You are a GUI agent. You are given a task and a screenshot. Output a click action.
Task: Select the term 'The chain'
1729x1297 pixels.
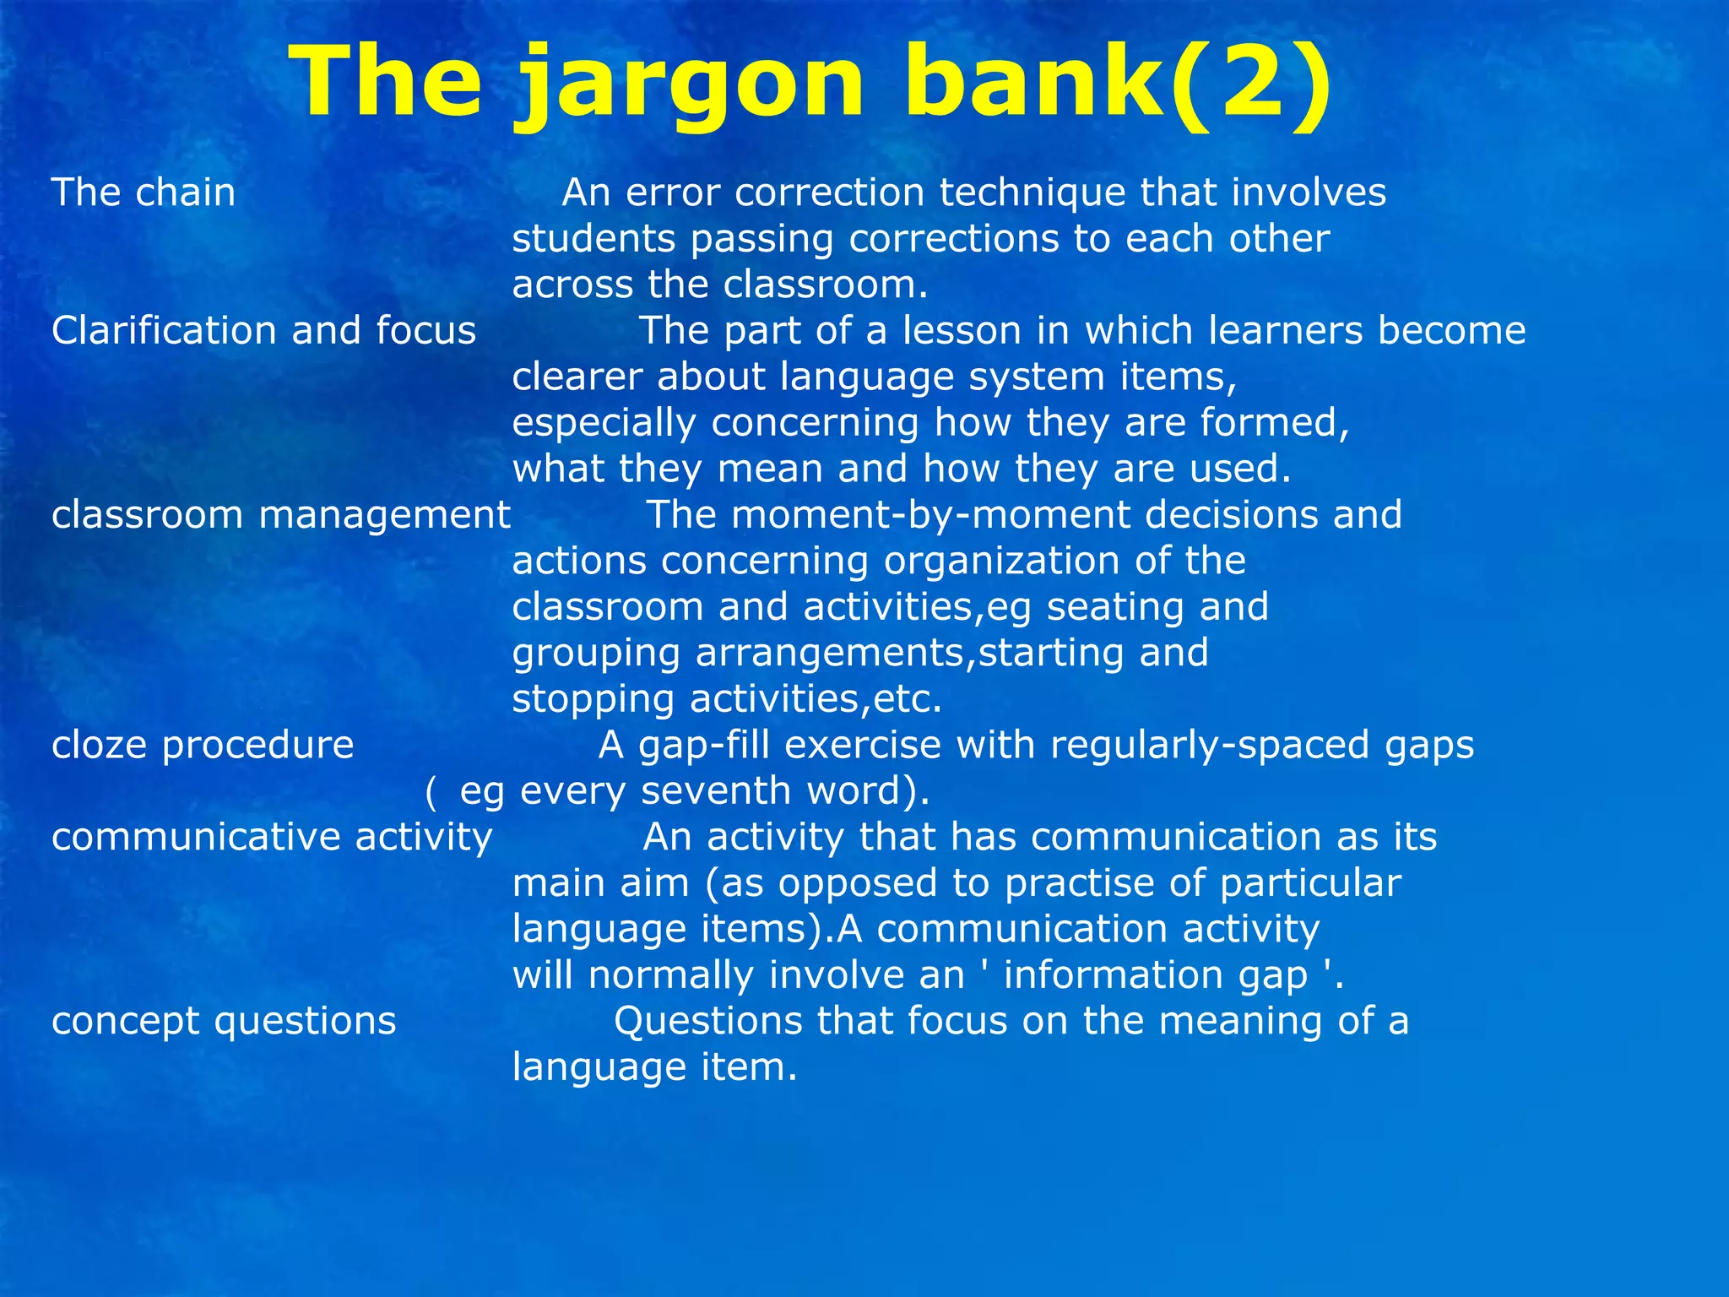click(144, 193)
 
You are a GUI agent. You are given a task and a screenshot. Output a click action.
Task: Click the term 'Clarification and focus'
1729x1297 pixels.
click(263, 330)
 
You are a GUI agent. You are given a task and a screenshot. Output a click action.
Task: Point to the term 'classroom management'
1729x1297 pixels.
click(280, 515)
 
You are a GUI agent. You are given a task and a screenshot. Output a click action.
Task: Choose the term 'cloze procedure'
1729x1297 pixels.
click(203, 746)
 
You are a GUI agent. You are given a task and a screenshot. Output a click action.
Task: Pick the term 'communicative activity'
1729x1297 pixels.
click(272, 838)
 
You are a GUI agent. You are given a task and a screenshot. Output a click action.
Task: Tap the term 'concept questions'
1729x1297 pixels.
click(224, 1022)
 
